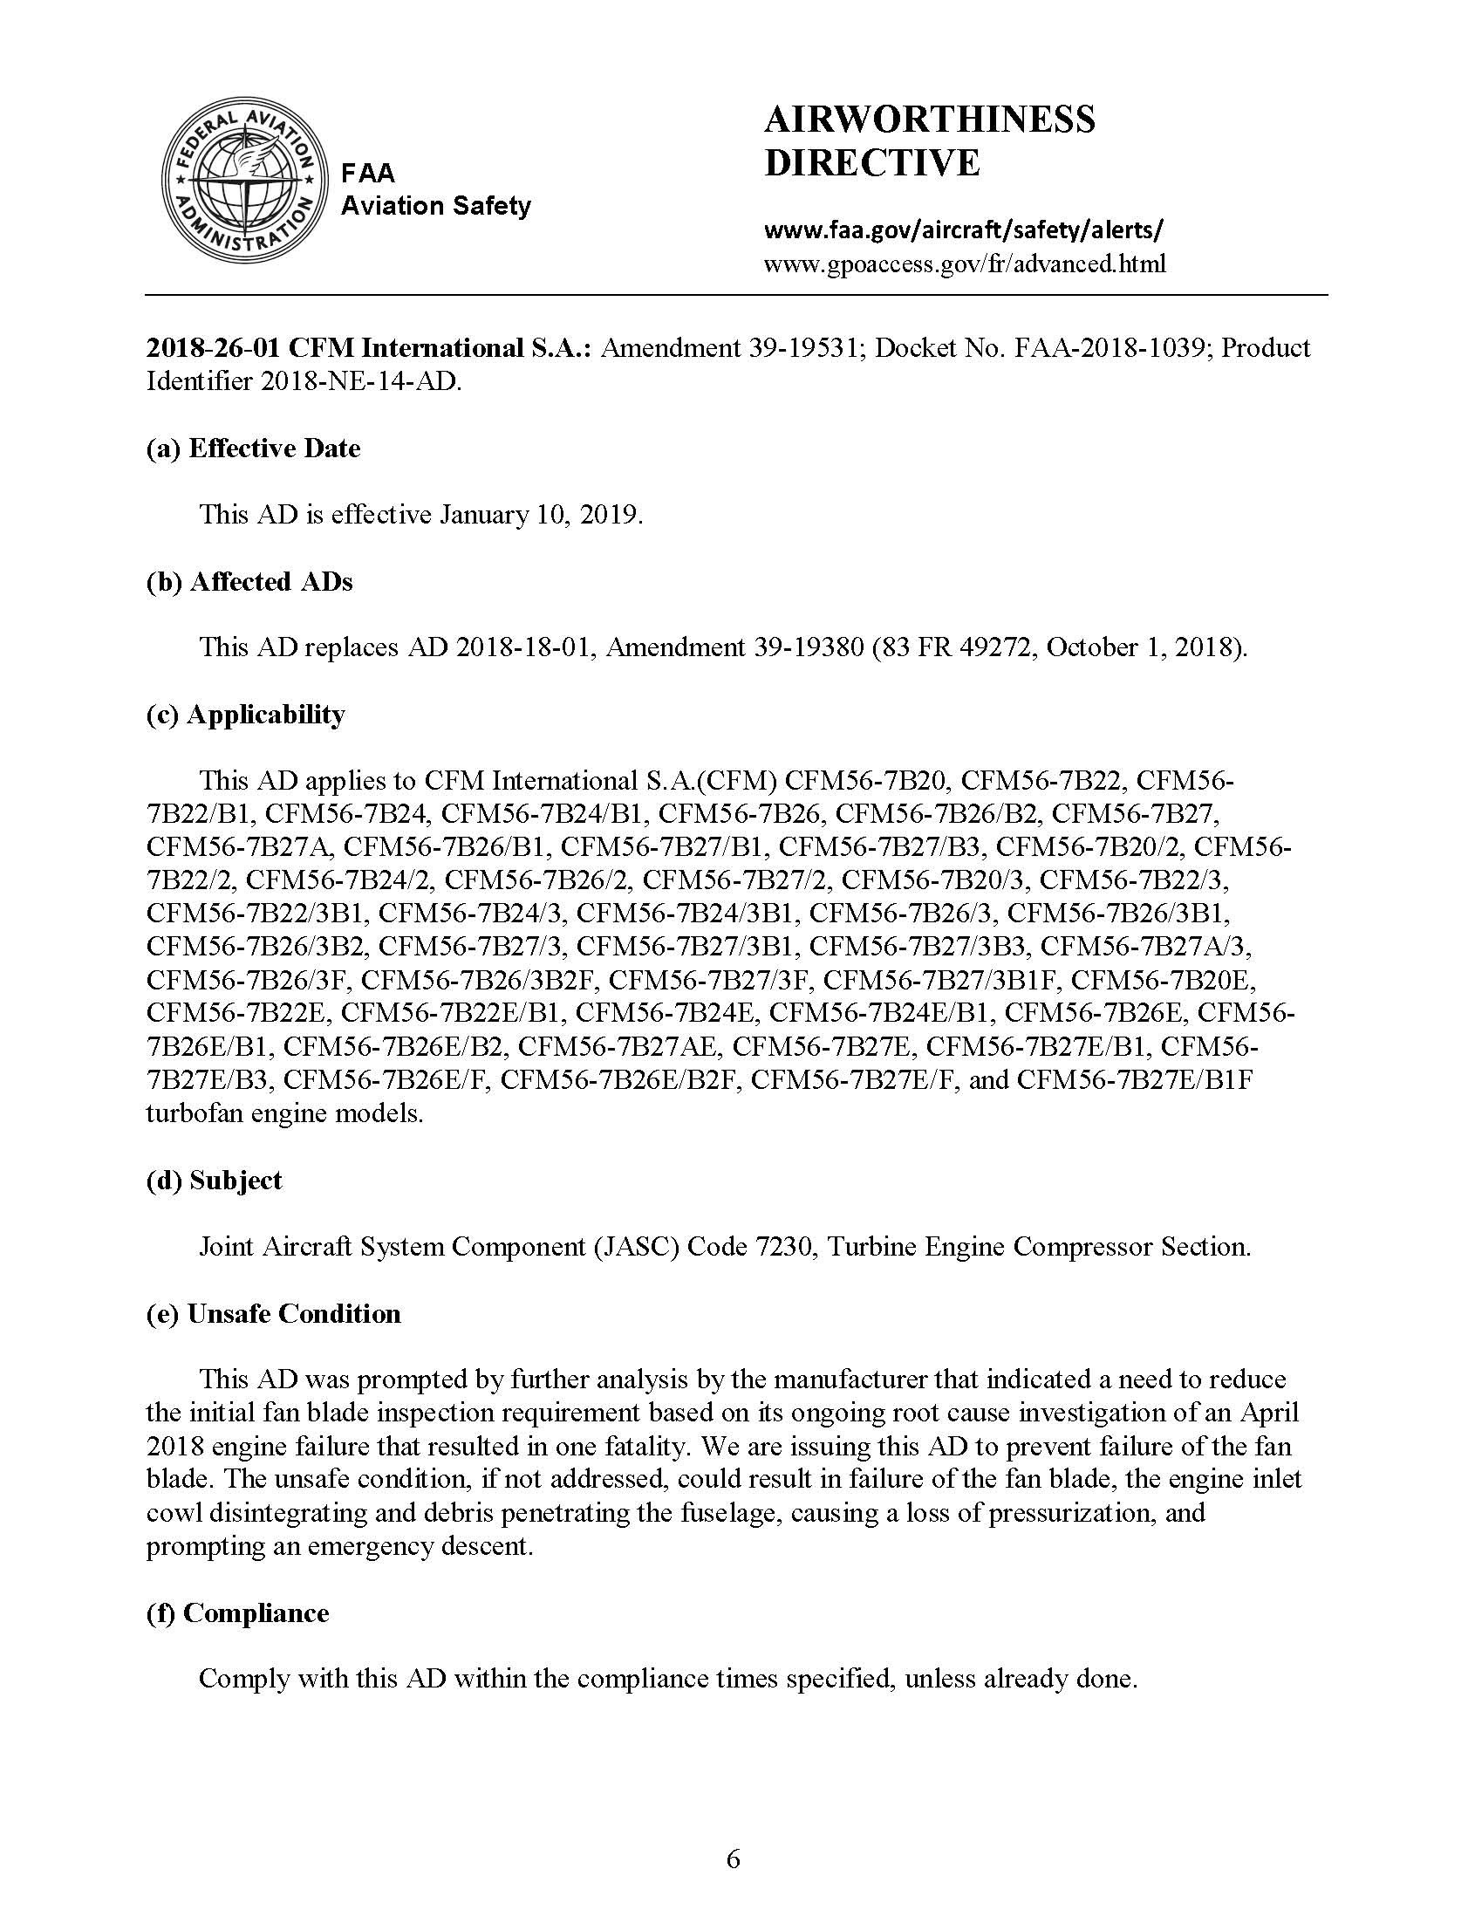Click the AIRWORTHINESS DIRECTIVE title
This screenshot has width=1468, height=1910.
pos(929,140)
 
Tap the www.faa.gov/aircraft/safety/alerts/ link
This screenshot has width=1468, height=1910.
pos(963,229)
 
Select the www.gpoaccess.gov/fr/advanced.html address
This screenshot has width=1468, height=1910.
pos(965,264)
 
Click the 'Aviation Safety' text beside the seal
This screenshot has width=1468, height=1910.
pos(435,205)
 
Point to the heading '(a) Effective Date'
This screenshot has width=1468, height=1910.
pos(253,448)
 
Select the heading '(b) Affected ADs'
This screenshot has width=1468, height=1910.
pos(249,581)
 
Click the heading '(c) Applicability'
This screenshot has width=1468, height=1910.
pos(246,714)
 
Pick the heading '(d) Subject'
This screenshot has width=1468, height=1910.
pos(214,1180)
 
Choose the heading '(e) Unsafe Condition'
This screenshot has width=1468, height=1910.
pos(274,1313)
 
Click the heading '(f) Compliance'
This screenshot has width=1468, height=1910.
pos(237,1612)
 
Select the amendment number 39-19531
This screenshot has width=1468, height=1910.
pos(802,348)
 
